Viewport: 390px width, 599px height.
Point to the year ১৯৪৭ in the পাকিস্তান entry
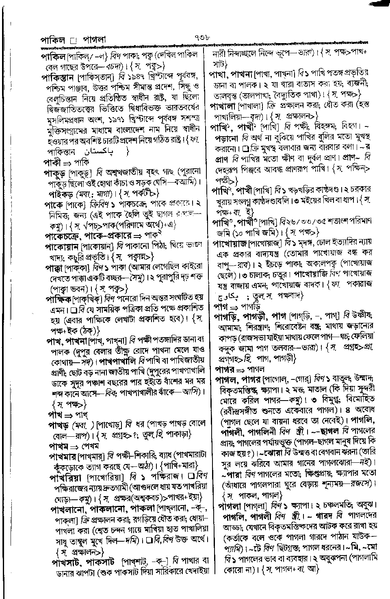coord(118,76)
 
